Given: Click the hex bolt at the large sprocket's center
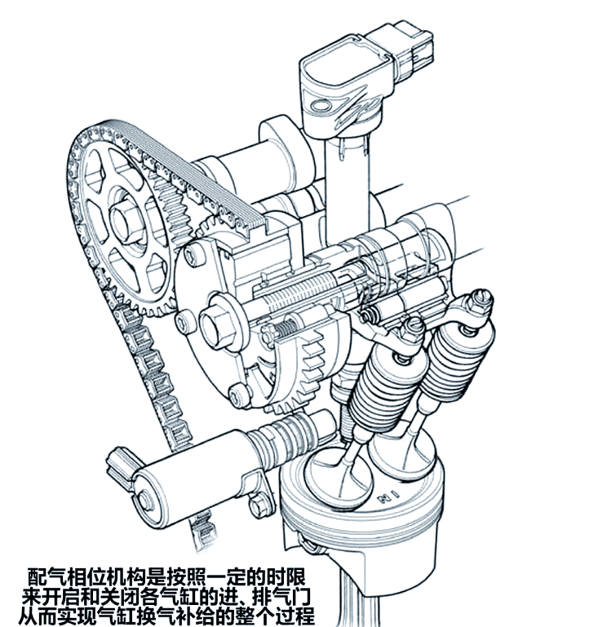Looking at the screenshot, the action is point(126,221).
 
